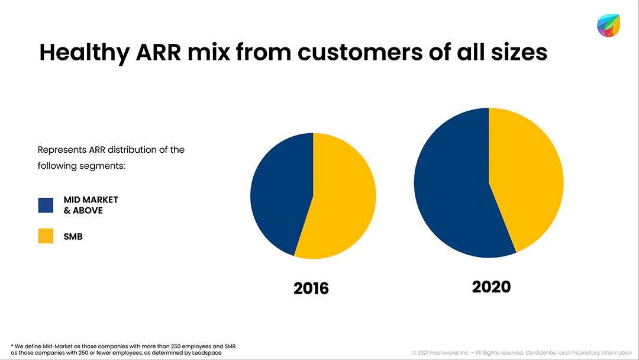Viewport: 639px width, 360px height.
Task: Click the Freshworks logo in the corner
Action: pyautogui.click(x=608, y=25)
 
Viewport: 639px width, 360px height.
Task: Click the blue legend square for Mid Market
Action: pyautogui.click(x=46, y=205)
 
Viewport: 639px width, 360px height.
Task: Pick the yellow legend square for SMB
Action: pyautogui.click(x=46, y=236)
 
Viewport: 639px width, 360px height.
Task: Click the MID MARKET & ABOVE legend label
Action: pyautogui.click(x=91, y=205)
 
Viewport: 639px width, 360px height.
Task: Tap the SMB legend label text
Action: pyautogui.click(x=73, y=237)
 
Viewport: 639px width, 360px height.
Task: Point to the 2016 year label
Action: pyautogui.click(x=311, y=288)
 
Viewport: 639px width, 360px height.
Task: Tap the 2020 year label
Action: pyautogui.click(x=491, y=287)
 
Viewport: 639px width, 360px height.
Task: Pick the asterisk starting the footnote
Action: pyautogui.click(x=12, y=345)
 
